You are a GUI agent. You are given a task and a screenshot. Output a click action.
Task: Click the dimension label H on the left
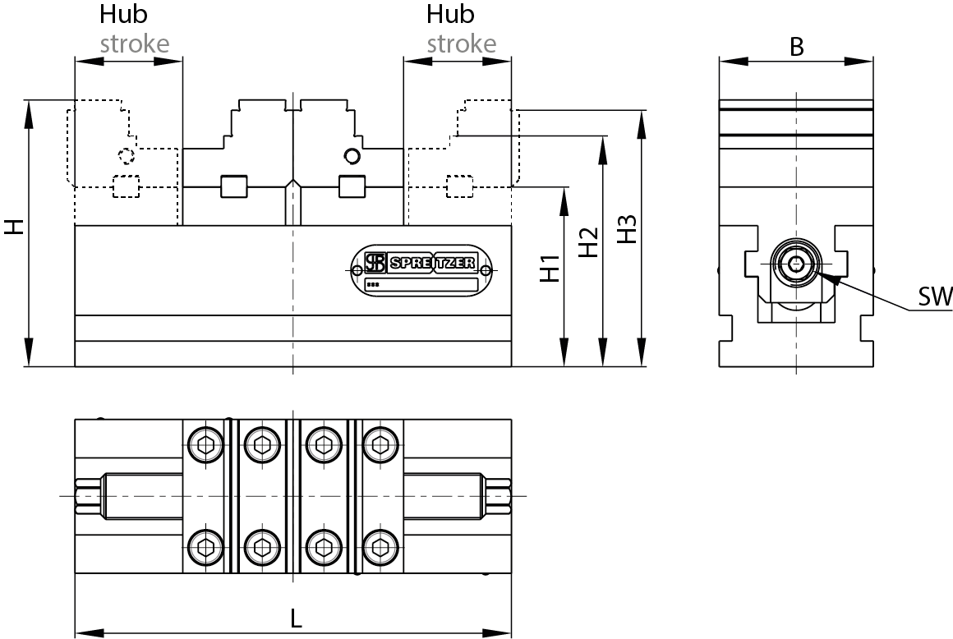pos(14,228)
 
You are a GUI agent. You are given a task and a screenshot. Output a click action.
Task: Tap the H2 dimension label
pos(588,242)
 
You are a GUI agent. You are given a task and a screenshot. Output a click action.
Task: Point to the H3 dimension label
pos(627,229)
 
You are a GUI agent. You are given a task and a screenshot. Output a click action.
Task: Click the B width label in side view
pos(796,47)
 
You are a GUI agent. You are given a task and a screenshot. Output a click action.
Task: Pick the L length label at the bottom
pos(296,618)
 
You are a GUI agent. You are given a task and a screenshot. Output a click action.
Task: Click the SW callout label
pos(934,297)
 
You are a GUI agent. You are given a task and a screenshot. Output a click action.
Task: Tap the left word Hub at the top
pos(123,14)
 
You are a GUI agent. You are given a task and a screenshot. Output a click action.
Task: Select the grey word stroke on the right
pos(462,44)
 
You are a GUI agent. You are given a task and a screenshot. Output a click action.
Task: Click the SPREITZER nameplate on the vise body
pos(421,270)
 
